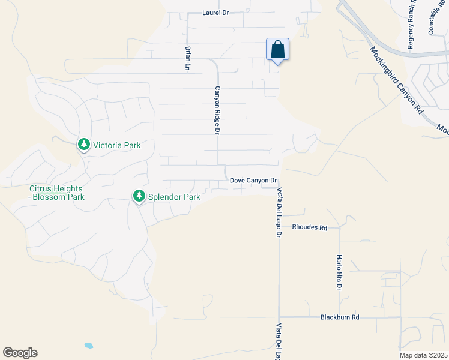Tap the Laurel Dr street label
click(216, 12)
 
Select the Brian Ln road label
click(188, 59)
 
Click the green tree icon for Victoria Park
click(83, 145)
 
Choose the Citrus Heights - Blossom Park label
click(57, 193)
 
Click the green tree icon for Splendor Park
click(139, 196)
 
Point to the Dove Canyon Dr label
click(253, 180)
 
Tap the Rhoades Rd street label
click(310, 227)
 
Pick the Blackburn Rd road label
click(339, 317)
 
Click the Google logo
click(20, 353)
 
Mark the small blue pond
click(89, 346)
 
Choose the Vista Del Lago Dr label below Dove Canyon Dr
click(279, 212)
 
